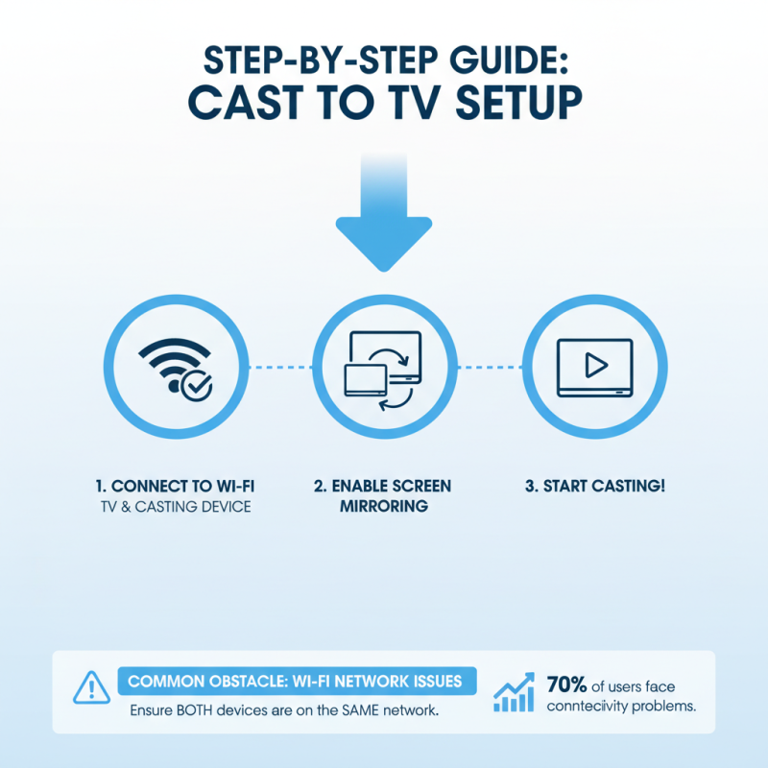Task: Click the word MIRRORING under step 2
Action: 384,507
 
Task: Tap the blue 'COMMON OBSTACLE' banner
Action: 296,682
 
